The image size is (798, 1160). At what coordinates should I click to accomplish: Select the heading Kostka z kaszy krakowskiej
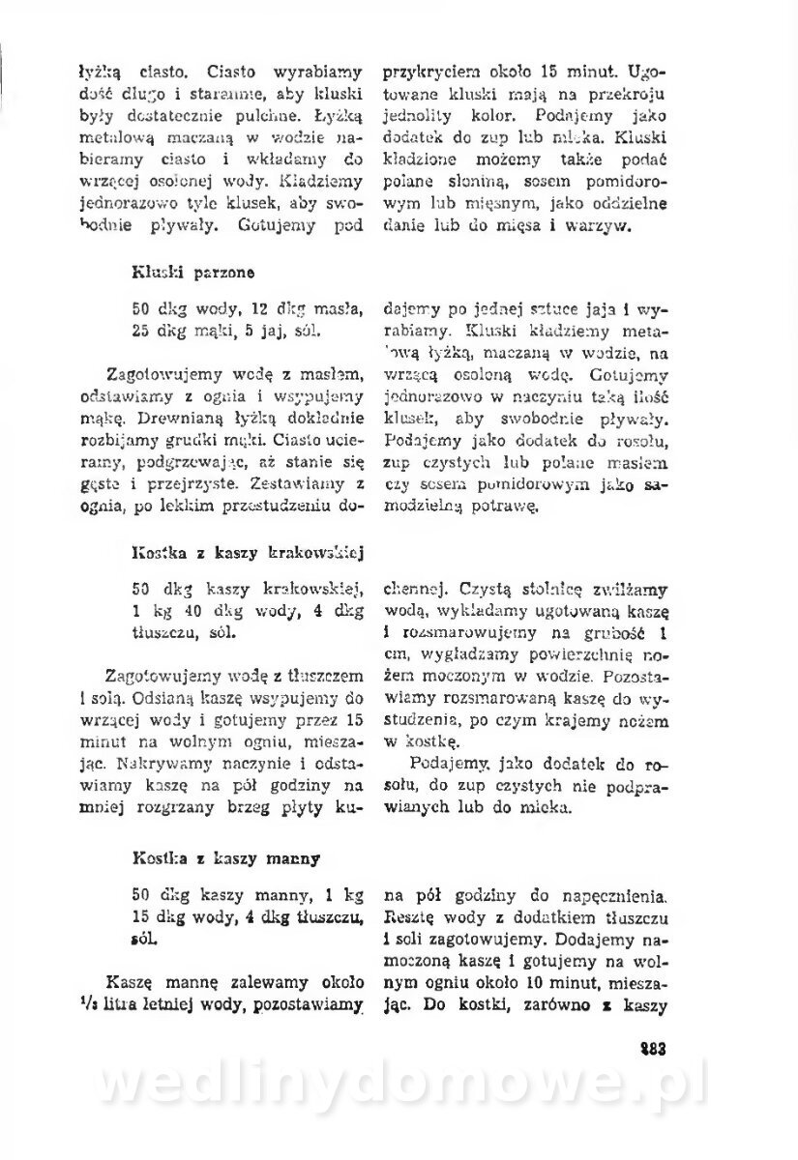click(245, 555)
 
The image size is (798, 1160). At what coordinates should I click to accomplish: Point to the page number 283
click(652, 1049)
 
